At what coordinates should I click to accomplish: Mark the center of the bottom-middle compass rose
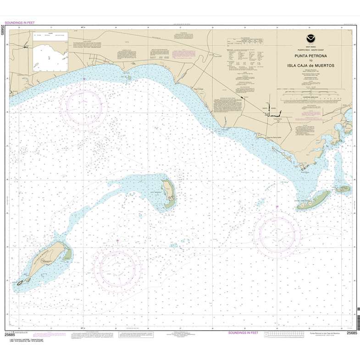[117, 265]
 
